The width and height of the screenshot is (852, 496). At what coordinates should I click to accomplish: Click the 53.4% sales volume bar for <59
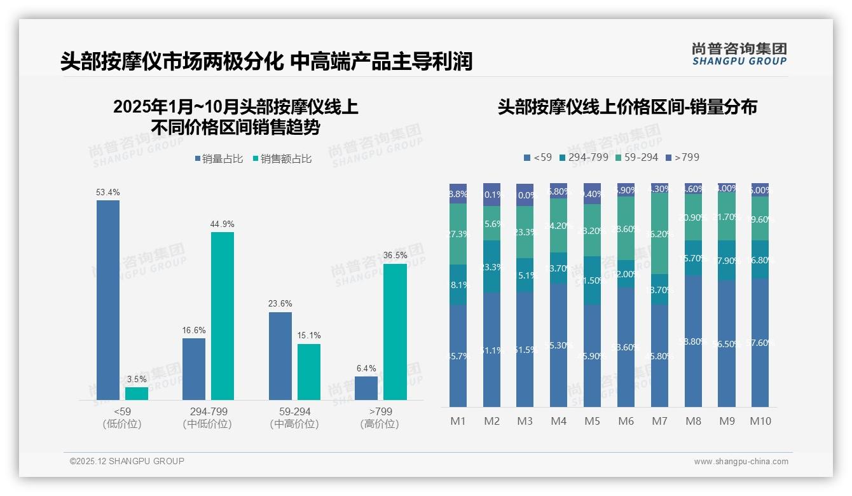[108, 300]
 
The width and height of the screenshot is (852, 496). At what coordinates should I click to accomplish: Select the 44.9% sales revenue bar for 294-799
[223, 315]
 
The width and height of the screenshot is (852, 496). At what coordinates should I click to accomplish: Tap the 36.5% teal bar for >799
[395, 331]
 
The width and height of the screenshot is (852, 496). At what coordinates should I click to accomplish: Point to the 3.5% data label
[136, 379]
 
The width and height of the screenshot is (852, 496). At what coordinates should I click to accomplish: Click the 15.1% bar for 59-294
[309, 371]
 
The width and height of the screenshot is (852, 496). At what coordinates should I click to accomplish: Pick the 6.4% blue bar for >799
[366, 388]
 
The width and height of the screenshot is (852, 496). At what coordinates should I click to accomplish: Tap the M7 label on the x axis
[659, 421]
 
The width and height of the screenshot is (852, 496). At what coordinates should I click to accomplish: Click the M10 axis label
[760, 421]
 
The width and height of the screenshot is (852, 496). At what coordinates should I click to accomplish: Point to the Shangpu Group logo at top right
[739, 53]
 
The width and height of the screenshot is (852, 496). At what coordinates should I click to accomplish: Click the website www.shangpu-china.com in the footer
[741, 462]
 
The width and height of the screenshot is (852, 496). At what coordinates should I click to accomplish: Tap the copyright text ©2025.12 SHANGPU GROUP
[127, 462]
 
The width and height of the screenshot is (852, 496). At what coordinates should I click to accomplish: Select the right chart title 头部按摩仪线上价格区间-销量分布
[627, 107]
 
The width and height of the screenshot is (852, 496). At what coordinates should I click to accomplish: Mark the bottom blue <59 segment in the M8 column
[693, 341]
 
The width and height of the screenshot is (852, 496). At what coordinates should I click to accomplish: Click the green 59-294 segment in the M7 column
[659, 233]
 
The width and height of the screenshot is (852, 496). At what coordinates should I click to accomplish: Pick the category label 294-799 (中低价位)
[207, 418]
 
